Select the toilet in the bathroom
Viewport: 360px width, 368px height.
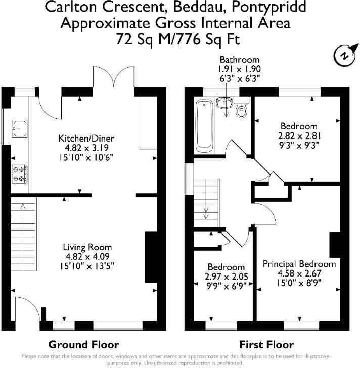tap(242, 110)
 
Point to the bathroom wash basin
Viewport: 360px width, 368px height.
tap(223, 103)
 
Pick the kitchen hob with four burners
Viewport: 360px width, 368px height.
tap(20, 174)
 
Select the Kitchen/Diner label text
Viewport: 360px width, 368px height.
tap(86, 138)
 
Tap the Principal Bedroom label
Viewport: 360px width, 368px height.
tap(299, 264)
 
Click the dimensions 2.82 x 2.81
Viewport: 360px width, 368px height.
tap(299, 135)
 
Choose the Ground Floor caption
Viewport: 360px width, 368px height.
tap(83, 345)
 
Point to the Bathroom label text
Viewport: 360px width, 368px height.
tap(239, 59)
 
